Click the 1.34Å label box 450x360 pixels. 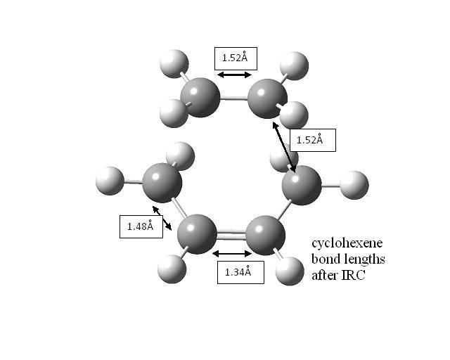tap(240, 272)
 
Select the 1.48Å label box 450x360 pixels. tap(141, 226)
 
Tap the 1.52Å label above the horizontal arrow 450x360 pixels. tap(236, 58)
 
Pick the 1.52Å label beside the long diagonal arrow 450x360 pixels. tap(312, 140)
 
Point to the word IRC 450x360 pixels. tap(353, 276)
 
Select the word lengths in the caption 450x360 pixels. tap(366, 259)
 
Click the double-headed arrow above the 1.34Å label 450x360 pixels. tap(232, 254)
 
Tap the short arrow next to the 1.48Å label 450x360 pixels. tap(162, 218)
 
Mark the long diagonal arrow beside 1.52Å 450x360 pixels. tap(284, 147)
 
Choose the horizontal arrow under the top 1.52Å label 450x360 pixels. tap(234, 75)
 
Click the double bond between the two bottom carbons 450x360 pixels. tap(231, 236)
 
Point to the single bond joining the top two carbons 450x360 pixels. tap(233, 99)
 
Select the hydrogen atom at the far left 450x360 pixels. tap(110, 181)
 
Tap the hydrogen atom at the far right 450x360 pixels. tap(354, 185)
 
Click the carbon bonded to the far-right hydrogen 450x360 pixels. tap(302, 185)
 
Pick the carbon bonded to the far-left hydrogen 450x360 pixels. tap(162, 183)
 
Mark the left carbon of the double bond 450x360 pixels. tap(197, 234)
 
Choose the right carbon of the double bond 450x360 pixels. tap(266, 236)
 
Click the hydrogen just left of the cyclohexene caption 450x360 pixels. tap(290, 271)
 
